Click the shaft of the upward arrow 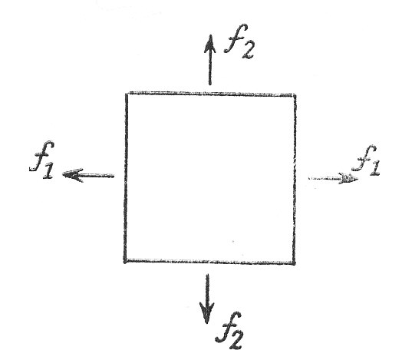tap(210, 69)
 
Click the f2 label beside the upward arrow tap(239, 41)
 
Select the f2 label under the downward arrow tap(229, 331)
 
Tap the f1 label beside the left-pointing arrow tap(42, 159)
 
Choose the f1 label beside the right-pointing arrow tap(366, 160)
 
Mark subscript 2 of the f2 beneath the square tap(236, 342)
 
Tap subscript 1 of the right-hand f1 tap(374, 168)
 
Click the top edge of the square tap(211, 94)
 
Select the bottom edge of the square tap(209, 262)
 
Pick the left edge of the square tap(126, 177)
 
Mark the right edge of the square tap(295, 179)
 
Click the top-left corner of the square tap(127, 94)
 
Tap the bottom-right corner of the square tap(294, 263)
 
